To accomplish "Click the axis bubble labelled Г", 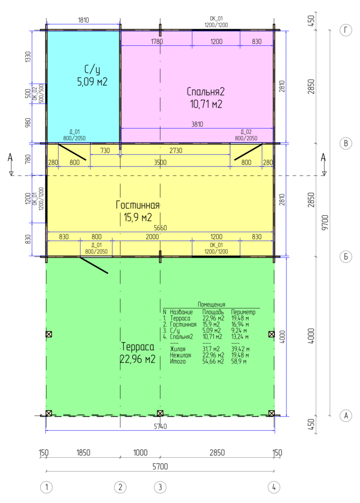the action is [x=345, y=31].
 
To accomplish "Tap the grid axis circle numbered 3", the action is [x=160, y=487].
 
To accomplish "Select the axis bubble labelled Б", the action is [x=345, y=257].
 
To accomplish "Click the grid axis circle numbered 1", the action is [x=46, y=487].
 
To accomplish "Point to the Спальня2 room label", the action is [x=206, y=92].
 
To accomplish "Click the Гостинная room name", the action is [x=138, y=205].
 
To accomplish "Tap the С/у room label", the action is [x=92, y=69].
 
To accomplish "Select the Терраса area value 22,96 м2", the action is [x=138, y=359].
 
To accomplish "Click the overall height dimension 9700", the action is [x=325, y=223].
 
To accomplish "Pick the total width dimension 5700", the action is [x=160, y=466].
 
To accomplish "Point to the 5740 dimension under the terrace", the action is [x=160, y=427].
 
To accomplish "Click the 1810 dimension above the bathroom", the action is [x=83, y=20].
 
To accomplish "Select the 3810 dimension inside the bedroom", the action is [x=197, y=124].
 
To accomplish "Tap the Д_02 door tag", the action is [x=246, y=131].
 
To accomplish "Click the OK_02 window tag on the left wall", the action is [x=35, y=94].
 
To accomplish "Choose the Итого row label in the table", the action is [x=178, y=362].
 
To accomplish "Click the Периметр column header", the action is [x=243, y=312].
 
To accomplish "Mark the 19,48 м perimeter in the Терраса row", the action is [x=240, y=318].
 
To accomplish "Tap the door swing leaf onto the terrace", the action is [x=94, y=265].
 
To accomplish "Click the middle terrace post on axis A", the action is [x=160, y=413].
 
